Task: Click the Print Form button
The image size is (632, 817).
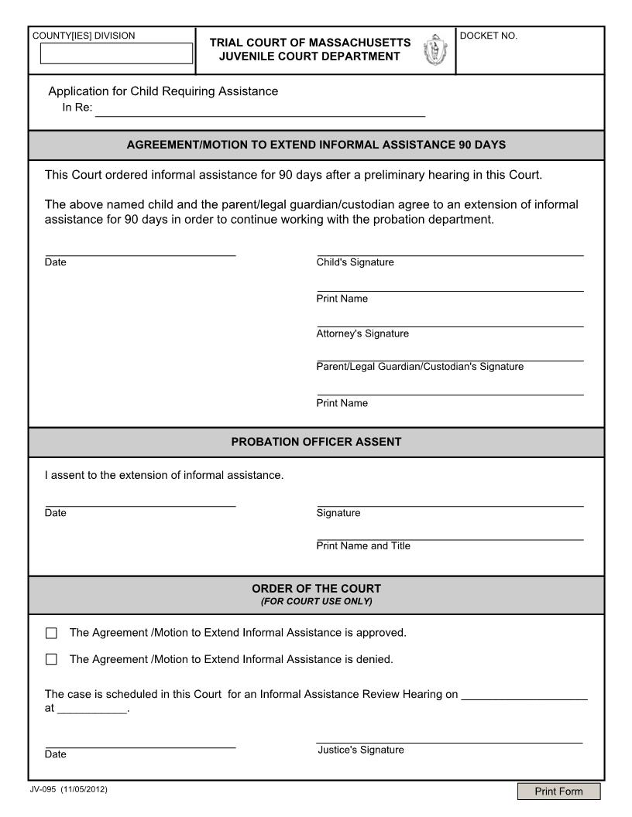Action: (559, 791)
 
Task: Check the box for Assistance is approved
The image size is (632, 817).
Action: (51, 634)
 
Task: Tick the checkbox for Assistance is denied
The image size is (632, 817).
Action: (51, 660)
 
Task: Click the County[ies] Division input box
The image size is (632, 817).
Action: (116, 53)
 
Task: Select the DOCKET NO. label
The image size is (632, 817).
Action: (489, 36)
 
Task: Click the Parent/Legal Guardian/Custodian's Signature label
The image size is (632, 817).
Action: (420, 367)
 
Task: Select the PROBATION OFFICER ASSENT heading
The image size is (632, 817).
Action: (316, 442)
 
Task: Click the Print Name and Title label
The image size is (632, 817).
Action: (363, 546)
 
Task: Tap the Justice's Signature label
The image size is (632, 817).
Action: (361, 750)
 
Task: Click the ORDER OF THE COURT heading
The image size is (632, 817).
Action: (316, 588)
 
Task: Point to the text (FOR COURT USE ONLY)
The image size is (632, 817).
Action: (316, 601)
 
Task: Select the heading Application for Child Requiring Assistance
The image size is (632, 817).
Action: (163, 91)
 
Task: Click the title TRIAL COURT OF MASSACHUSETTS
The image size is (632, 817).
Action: (310, 42)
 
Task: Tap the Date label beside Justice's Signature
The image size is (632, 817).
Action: (56, 754)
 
